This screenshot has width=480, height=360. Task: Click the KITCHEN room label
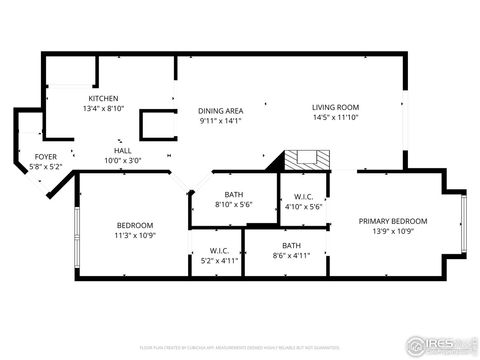pyautogui.click(x=104, y=98)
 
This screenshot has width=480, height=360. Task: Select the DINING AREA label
pyautogui.click(x=220, y=111)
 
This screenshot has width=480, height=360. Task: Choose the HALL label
pyautogui.click(x=122, y=149)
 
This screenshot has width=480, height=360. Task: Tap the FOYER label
pyautogui.click(x=46, y=157)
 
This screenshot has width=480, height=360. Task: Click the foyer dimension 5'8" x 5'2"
pyautogui.click(x=46, y=167)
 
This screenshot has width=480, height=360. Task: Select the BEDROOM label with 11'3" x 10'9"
pyautogui.click(x=135, y=225)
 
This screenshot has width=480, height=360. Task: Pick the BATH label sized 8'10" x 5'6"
pyautogui.click(x=234, y=194)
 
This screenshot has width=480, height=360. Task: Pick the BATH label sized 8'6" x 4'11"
pyautogui.click(x=291, y=245)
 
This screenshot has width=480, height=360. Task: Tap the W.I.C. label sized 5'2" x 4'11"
pyautogui.click(x=219, y=250)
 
